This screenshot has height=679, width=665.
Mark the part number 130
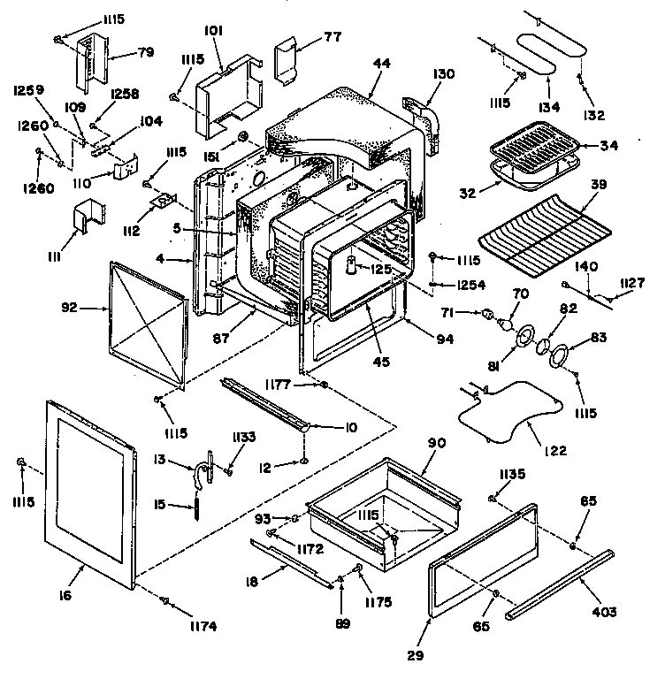(445, 75)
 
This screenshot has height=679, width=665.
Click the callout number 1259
(28, 90)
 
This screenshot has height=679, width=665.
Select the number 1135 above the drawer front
(510, 474)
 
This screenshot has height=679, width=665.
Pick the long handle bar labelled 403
(559, 583)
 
